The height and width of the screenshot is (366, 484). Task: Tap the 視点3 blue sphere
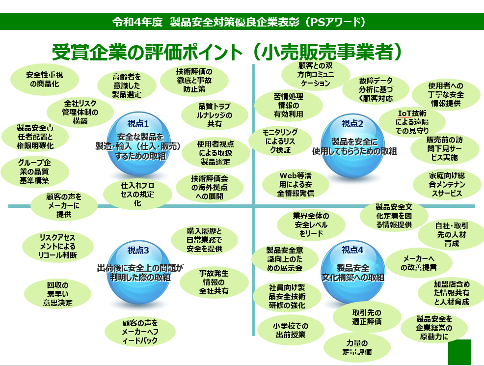[138, 272]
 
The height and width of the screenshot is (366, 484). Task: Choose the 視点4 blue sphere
[353, 272]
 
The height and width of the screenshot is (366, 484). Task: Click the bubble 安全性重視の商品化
[45, 80]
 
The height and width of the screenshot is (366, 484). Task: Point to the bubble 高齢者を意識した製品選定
[127, 85]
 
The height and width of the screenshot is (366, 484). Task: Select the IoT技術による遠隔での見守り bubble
[412, 122]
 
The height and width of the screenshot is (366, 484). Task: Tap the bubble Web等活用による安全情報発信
[296, 184]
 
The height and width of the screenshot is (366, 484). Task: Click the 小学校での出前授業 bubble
[291, 330]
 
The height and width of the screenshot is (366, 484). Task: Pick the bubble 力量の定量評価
[357, 347]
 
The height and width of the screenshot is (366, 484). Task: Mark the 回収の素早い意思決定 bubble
[57, 294]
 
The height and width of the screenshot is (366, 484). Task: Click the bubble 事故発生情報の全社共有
[214, 282]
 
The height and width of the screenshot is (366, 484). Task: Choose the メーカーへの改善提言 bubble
[419, 263]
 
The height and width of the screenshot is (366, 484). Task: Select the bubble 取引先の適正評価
[367, 317]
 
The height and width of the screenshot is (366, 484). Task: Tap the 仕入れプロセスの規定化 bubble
[137, 194]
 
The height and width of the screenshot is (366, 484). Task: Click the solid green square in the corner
[459, 352]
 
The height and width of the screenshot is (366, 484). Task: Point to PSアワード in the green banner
[338, 22]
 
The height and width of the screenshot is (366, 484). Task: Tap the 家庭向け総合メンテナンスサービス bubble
[447, 184]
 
